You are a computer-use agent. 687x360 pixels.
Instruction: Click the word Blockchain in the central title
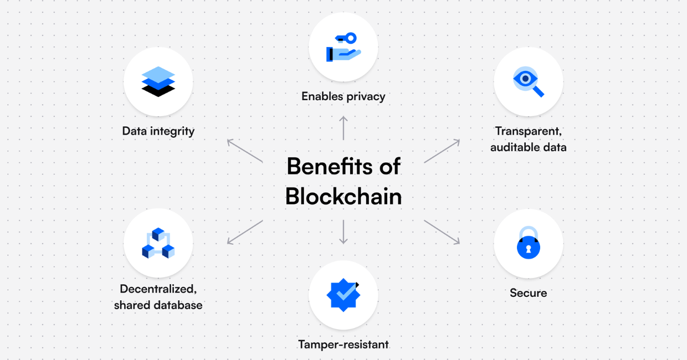tap(343, 197)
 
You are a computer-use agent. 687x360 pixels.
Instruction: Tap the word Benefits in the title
tap(329, 166)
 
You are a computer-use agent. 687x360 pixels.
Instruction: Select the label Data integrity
tap(158, 131)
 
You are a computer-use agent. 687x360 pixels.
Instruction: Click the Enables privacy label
tap(343, 96)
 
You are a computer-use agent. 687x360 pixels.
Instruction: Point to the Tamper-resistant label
tap(343, 344)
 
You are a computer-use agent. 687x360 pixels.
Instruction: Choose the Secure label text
tap(528, 293)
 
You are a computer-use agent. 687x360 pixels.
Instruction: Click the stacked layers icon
tap(158, 81)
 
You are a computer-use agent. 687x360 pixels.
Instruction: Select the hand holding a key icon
tap(343, 47)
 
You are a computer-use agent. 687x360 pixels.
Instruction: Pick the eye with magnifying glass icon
tap(528, 81)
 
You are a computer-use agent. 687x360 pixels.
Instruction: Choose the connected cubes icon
tap(158, 243)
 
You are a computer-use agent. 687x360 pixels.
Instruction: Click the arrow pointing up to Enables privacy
tap(343, 128)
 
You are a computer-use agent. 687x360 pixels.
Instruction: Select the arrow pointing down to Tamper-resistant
tap(343, 232)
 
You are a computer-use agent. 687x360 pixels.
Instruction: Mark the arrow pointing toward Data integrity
tap(245, 151)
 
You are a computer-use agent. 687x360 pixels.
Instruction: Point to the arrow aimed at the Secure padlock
tap(442, 232)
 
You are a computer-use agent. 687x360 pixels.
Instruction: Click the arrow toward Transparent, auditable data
tap(442, 151)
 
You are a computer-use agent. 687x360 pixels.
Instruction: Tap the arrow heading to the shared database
tap(245, 232)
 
